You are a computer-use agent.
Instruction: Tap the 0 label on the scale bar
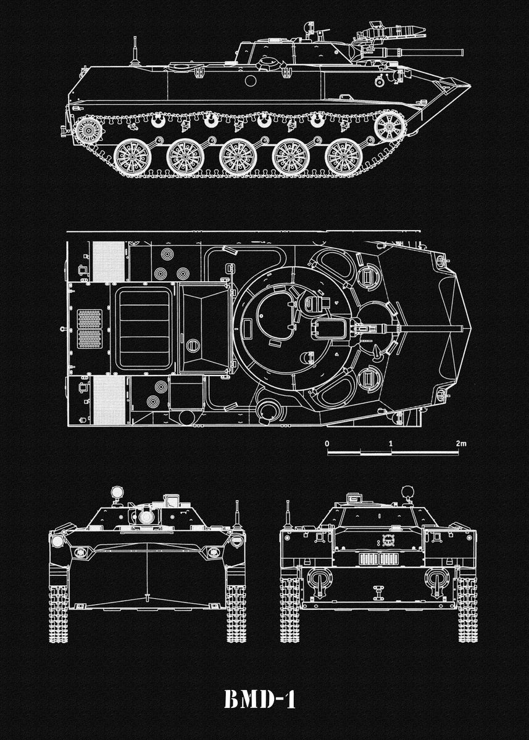pyautogui.click(x=327, y=444)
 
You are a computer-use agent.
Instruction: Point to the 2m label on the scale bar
pyautogui.click(x=461, y=444)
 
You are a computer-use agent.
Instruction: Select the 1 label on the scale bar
pyautogui.click(x=391, y=444)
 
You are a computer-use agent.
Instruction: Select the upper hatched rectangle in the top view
pyautogui.click(x=108, y=260)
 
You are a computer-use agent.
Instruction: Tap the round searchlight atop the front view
pyautogui.click(x=116, y=493)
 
